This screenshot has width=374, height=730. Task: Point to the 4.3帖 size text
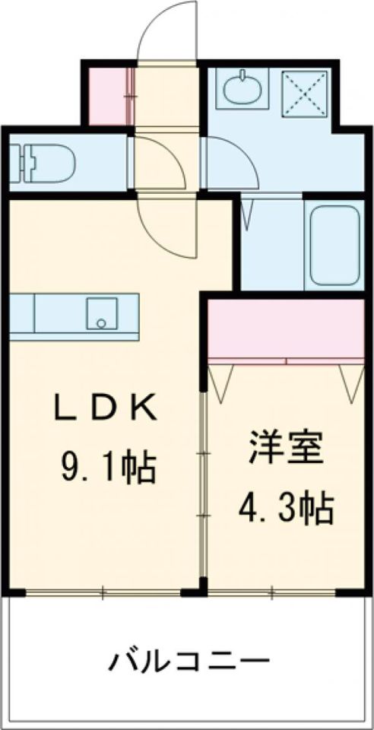tap(286, 508)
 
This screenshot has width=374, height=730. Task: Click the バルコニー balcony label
tap(189, 659)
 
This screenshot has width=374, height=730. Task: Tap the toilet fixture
tap(46, 160)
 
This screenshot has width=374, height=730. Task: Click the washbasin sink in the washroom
tap(242, 90)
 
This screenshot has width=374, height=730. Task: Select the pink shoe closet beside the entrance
tap(107, 97)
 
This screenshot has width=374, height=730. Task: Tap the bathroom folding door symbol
tap(248, 213)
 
